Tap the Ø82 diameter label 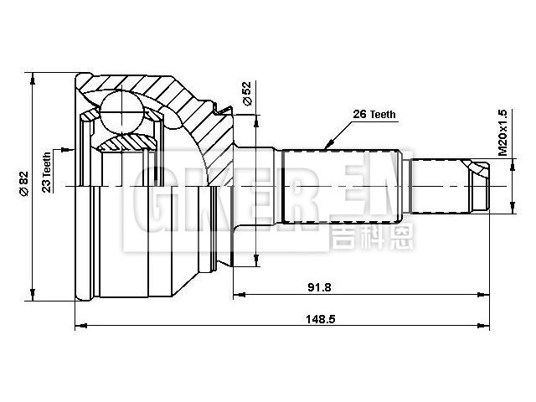(24, 183)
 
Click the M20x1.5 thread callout (503, 133)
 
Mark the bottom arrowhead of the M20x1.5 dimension (512, 210)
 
